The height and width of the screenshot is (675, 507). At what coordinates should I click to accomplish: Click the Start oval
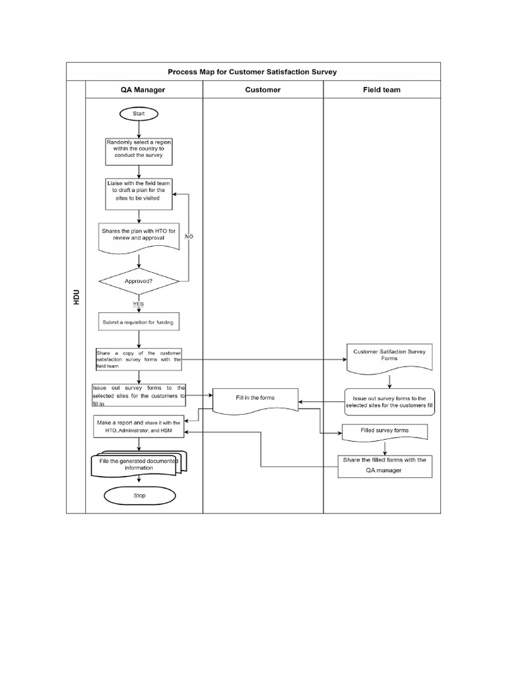pyautogui.click(x=138, y=114)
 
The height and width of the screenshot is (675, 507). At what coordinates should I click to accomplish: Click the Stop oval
pyautogui.click(x=139, y=495)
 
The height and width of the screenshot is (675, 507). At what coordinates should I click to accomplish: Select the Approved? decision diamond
pyautogui.click(x=139, y=280)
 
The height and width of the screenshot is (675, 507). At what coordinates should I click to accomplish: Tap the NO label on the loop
pyautogui.click(x=189, y=235)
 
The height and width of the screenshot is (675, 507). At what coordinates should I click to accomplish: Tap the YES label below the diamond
pyautogui.click(x=139, y=304)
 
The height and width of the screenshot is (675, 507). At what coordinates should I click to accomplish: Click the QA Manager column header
pyautogui.click(x=143, y=90)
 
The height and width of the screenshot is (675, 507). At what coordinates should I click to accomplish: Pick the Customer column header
pyautogui.click(x=263, y=90)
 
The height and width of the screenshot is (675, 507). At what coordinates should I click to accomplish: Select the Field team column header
pyautogui.click(x=381, y=90)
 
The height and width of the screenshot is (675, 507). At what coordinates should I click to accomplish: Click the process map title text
pyautogui.click(x=252, y=72)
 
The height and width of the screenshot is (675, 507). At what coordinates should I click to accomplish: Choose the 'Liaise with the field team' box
pyautogui.click(x=139, y=194)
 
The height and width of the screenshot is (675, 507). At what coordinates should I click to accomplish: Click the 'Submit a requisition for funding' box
pyautogui.click(x=139, y=322)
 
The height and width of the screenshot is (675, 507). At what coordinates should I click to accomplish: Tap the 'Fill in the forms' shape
pyautogui.click(x=255, y=399)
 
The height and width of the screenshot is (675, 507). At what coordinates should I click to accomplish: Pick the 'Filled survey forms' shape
pyautogui.click(x=385, y=431)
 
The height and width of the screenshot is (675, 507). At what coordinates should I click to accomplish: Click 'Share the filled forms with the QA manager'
pyautogui.click(x=384, y=465)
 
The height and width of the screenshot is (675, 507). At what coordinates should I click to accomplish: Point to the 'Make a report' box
pyautogui.click(x=139, y=426)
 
